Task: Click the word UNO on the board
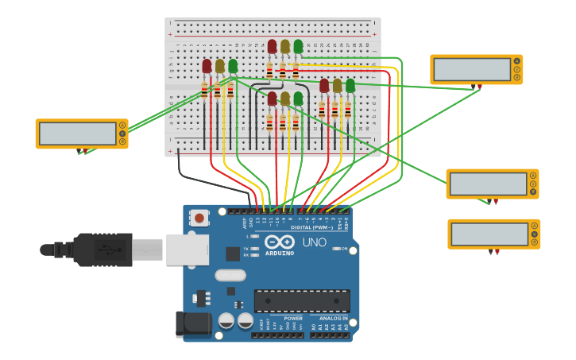315,242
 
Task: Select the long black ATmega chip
302,300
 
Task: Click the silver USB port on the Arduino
187,250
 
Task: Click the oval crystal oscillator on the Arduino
230,275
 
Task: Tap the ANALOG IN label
334,318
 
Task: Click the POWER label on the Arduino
293,318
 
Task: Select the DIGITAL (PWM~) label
311,227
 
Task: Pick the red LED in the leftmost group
207,66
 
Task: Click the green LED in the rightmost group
350,85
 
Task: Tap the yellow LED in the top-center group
284,47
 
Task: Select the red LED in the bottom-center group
272,99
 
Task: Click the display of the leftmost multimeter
77,134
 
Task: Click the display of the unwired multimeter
489,234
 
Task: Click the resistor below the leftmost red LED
204,90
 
